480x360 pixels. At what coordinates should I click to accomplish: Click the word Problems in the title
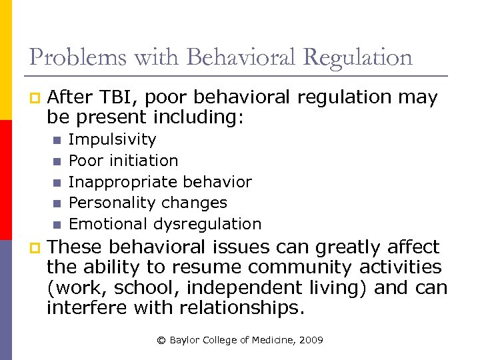click(71, 58)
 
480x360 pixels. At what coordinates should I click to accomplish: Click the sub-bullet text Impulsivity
click(112, 140)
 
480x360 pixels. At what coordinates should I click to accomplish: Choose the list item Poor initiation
click(123, 161)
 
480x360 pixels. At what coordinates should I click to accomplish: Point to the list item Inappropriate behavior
click(160, 182)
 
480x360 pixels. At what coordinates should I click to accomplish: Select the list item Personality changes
click(148, 203)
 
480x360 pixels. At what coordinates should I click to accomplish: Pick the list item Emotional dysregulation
click(165, 224)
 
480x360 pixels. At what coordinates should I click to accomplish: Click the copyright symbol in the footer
click(161, 341)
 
